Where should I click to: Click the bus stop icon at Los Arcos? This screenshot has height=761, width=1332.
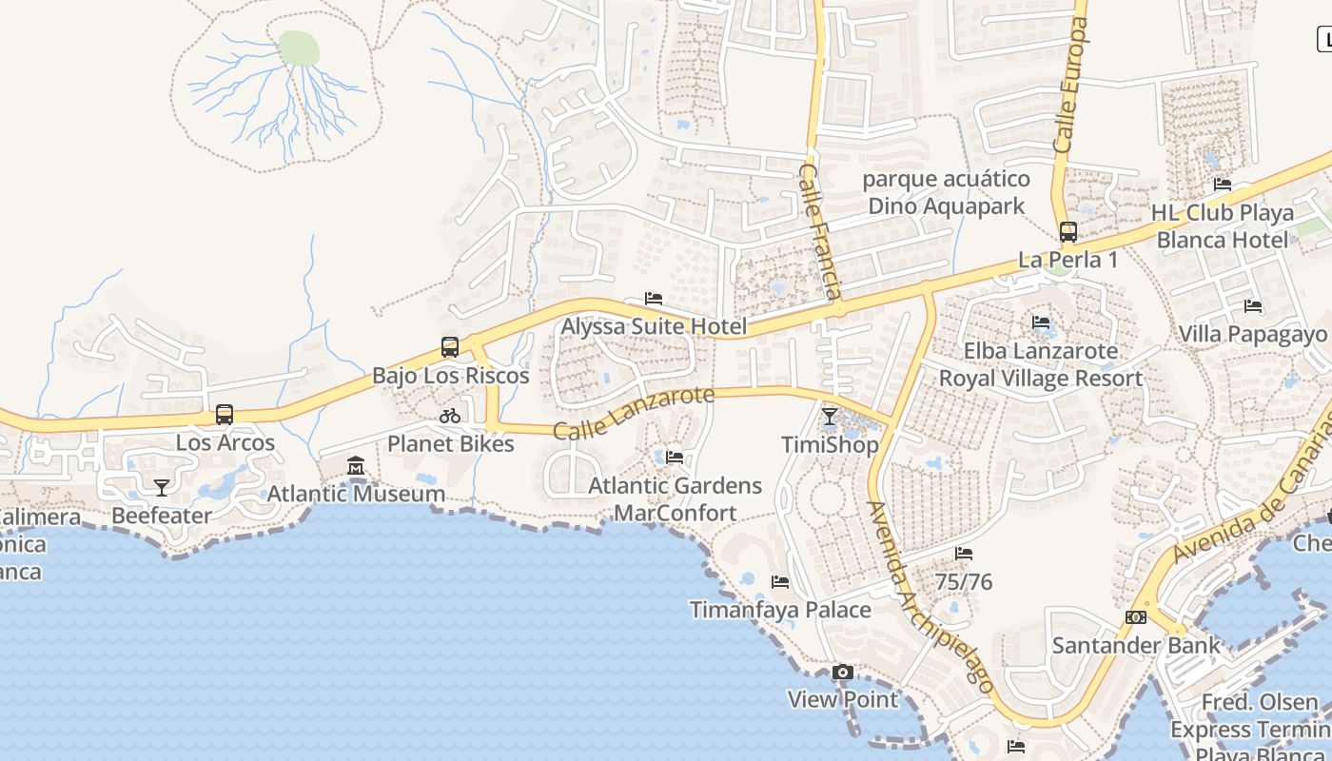[x=225, y=415]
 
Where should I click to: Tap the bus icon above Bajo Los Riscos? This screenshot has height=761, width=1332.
[x=450, y=347]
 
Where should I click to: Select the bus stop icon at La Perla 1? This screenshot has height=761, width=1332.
[x=1068, y=232]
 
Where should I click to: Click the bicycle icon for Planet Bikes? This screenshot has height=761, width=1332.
[x=450, y=416]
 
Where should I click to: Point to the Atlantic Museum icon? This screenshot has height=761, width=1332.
[x=356, y=466]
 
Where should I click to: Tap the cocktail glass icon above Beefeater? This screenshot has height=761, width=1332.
[x=162, y=488]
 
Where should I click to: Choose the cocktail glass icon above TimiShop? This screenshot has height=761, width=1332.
[x=830, y=417]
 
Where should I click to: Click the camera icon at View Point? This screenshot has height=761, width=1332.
[x=842, y=673]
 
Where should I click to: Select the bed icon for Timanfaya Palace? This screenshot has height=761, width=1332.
[x=780, y=582]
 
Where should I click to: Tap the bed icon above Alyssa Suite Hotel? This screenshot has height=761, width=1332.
[x=654, y=299]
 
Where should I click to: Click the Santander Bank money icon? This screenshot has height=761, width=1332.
[x=1135, y=617]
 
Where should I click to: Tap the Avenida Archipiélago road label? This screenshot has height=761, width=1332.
[x=931, y=597]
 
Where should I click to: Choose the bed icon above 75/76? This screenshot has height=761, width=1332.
[x=964, y=554]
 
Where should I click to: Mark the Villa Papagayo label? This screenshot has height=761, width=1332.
[x=1252, y=334]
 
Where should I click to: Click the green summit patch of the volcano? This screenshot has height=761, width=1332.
[x=299, y=48]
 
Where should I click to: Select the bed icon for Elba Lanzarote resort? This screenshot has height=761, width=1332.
[x=1041, y=322]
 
